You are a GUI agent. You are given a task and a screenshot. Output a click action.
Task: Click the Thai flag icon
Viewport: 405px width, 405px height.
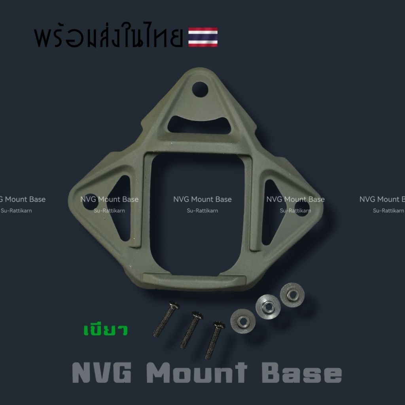tap(203, 37)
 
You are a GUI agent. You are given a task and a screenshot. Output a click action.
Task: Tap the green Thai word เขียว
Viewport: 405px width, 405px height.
tap(106, 330)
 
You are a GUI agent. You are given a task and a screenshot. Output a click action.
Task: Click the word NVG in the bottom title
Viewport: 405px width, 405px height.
tap(102, 373)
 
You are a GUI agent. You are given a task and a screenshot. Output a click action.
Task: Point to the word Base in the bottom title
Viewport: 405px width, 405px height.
tap(302, 373)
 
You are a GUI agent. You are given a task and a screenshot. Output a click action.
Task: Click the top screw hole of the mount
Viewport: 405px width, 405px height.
tap(200, 89)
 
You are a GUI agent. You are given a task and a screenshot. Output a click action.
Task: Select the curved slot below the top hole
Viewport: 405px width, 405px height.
tap(199, 125)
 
